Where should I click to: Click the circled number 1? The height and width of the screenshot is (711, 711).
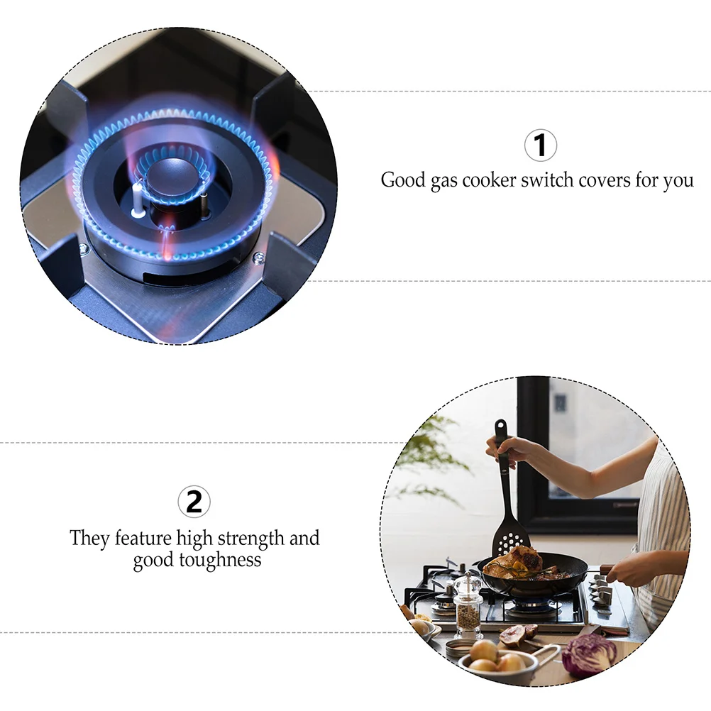point(540,145)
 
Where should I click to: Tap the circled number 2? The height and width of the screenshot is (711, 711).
point(194,502)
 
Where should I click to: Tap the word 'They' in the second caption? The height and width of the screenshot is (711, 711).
point(89,538)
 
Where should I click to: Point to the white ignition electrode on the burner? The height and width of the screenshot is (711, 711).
point(138,200)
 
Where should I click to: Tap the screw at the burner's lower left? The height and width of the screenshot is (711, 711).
point(84,248)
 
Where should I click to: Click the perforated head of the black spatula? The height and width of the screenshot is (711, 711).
point(509,541)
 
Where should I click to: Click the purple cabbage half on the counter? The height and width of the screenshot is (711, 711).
point(588,654)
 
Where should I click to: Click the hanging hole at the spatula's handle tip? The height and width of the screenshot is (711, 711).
point(500,428)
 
